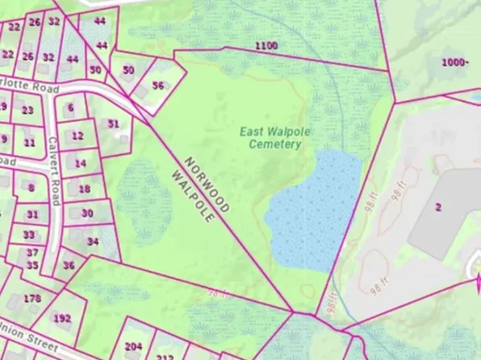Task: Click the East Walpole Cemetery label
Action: (271, 137)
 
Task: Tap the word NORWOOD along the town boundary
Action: (207, 184)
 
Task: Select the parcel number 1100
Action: (266, 45)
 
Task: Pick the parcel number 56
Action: (158, 86)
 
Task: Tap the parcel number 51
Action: (114, 123)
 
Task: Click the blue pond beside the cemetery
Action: (313, 211)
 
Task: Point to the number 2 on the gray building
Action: (438, 207)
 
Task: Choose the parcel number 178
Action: (31, 299)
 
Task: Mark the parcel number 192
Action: (62, 317)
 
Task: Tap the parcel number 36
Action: (69, 265)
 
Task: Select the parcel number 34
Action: (93, 241)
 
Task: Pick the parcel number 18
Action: (84, 189)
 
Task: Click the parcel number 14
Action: (79, 163)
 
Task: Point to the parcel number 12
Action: (77, 136)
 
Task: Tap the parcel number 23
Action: (27, 111)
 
